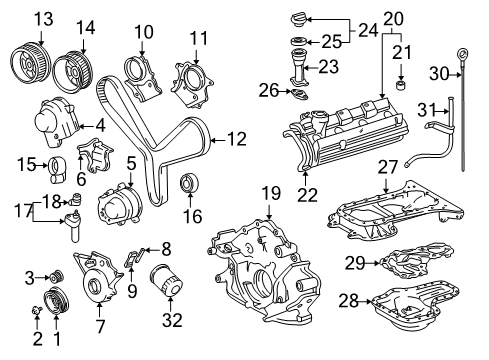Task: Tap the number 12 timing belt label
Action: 236,139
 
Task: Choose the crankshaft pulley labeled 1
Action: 56,302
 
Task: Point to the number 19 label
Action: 267,193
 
